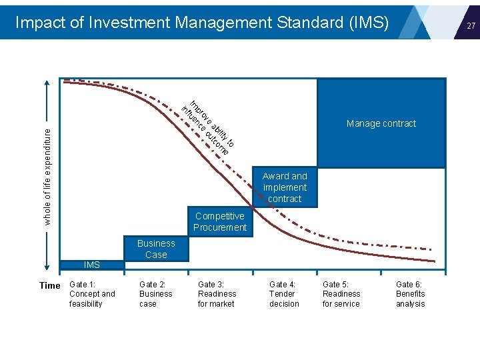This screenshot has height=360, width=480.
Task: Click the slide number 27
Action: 471,25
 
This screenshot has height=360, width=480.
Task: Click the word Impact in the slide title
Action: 39,23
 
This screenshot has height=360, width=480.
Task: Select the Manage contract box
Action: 381,123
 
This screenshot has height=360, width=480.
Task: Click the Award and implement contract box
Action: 285,187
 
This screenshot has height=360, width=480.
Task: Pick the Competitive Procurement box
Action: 219,222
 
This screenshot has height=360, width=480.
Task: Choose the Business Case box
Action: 156,249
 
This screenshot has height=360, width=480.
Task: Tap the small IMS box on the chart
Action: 92,265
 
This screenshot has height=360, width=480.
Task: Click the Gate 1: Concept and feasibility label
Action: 92,294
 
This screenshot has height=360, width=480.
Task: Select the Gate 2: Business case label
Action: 155,294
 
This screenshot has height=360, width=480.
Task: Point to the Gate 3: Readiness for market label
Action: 217,294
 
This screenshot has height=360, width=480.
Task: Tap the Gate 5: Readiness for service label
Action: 341,294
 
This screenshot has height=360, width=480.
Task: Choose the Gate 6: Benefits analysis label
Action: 410,294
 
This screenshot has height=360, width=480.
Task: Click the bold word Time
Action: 50,285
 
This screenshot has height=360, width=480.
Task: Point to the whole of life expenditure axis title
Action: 47,177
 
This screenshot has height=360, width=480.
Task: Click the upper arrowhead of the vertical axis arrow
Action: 47,83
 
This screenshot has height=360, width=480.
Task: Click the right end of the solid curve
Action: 434,261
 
